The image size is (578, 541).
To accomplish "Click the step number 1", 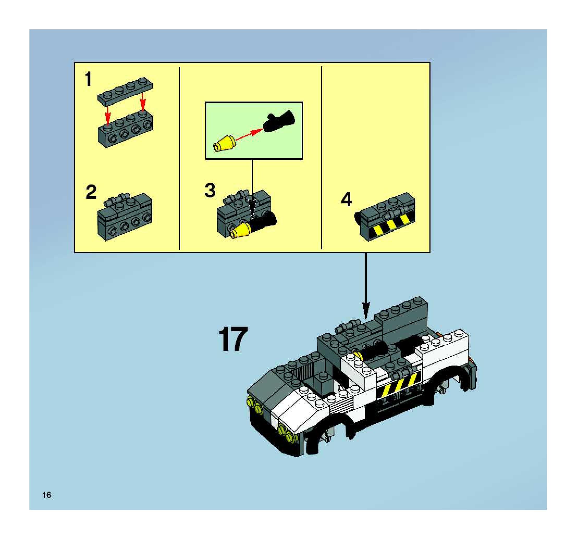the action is pos(88,79).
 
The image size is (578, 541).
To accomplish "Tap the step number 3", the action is pos(210,191).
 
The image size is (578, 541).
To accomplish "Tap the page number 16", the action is pos(47,495).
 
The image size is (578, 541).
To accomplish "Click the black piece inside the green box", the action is pos(279,122).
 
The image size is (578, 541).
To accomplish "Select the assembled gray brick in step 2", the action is pos(125,217).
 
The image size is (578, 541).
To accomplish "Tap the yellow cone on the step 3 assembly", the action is pos(240,231).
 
